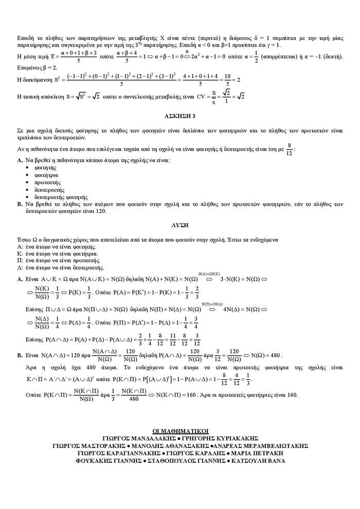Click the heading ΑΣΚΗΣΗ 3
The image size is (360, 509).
click(x=180, y=116)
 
